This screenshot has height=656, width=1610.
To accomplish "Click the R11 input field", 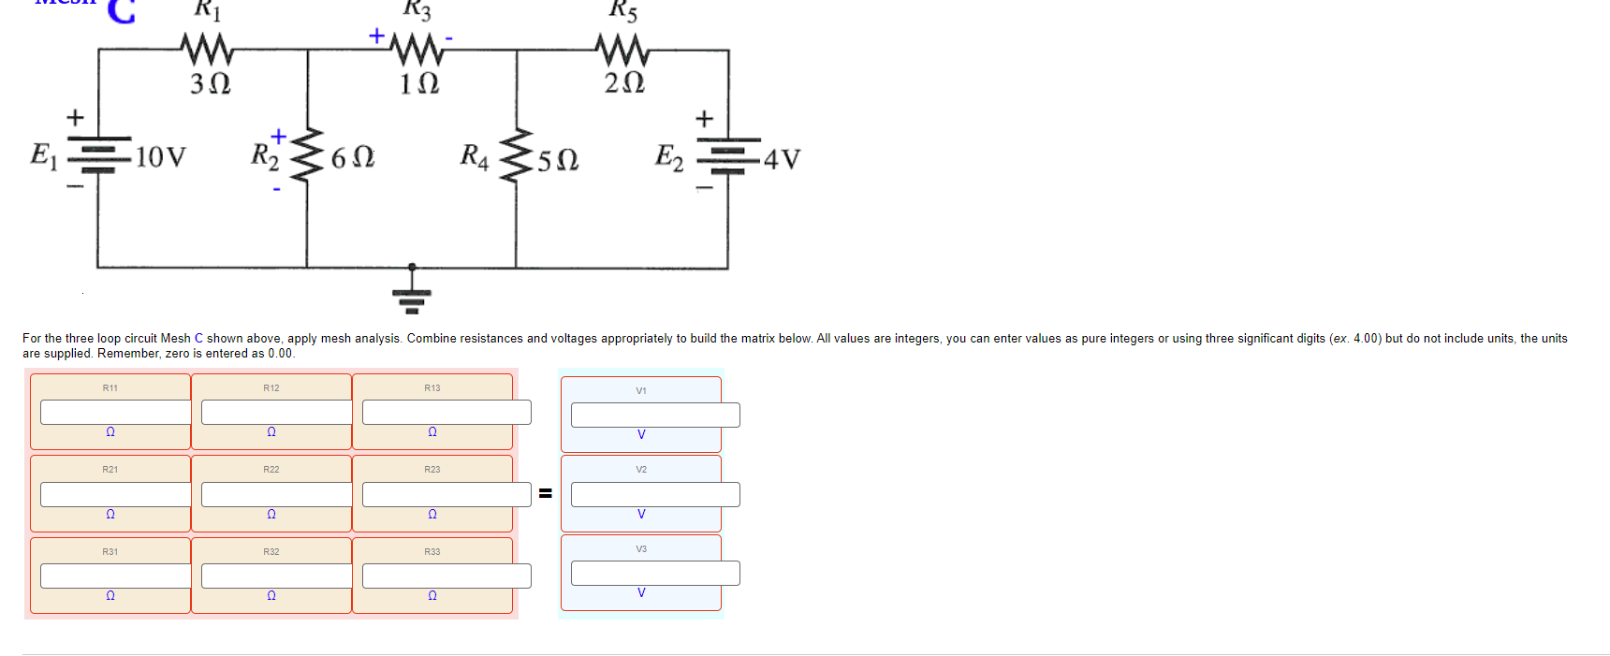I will click(115, 412).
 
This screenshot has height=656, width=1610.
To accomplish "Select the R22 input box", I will click(276, 494).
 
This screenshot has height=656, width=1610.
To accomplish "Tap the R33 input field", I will click(446, 576).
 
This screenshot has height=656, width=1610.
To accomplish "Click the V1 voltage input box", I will click(655, 415).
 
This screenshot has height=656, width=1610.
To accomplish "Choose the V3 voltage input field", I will click(655, 573).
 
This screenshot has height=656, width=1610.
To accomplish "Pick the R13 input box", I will click(446, 412).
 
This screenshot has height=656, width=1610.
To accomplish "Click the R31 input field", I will click(115, 576).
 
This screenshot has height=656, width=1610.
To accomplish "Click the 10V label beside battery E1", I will click(160, 156).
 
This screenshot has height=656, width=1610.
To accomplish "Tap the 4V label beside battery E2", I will click(782, 159).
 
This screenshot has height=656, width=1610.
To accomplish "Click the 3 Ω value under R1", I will click(210, 84).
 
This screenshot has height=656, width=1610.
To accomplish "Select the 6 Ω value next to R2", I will click(353, 157).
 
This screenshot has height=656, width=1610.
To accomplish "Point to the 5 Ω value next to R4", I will click(558, 160).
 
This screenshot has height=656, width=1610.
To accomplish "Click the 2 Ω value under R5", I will click(624, 83).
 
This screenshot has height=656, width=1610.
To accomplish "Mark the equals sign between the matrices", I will click(545, 493).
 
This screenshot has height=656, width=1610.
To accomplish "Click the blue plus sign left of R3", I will click(376, 36).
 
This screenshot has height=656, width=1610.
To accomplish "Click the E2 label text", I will click(668, 156).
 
